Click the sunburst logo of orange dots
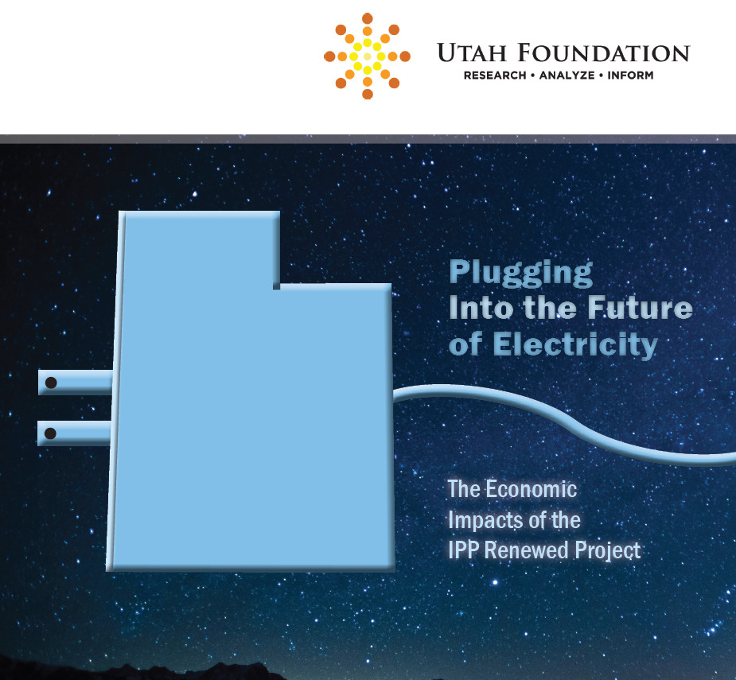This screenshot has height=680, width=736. (367, 56)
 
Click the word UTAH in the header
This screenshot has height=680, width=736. (472, 52)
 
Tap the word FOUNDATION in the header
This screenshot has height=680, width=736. (604, 52)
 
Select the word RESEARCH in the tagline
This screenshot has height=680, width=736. (495, 75)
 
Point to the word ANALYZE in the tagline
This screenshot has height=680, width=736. (567, 75)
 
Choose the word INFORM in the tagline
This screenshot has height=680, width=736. (630, 75)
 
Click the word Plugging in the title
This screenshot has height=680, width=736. (521, 273)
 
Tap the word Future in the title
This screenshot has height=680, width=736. (641, 308)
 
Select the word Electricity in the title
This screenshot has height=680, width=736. (575, 345)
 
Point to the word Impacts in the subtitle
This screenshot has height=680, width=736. (482, 521)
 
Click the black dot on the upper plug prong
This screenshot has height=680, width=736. (51, 383)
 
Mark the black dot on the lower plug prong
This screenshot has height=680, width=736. (50, 433)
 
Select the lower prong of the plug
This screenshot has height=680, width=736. (75, 433)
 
